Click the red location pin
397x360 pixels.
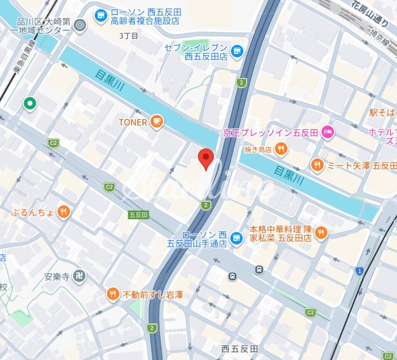point(206,158)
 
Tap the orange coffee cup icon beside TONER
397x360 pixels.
point(157,122)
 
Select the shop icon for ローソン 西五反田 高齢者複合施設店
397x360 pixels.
point(102,16)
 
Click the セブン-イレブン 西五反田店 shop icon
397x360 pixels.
point(237,50)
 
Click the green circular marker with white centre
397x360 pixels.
point(30,103)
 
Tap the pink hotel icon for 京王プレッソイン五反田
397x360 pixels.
point(328,132)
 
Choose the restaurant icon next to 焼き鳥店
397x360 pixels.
point(281,148)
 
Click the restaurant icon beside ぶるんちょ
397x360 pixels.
point(64,213)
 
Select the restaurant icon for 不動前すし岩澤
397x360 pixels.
point(113,295)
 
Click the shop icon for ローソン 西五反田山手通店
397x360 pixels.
point(237,238)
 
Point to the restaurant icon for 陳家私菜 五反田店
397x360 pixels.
point(321,232)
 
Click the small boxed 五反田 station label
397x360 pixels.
point(138,215)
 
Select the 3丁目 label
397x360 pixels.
point(129,36)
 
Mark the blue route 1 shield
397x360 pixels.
point(359,271)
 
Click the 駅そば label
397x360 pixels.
point(383,112)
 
